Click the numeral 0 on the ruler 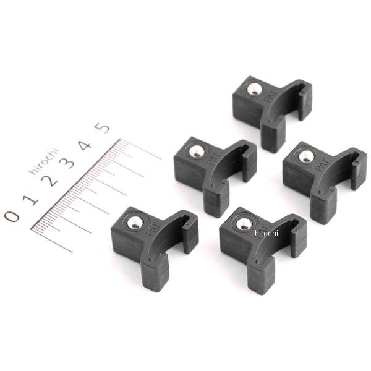coord(11,215)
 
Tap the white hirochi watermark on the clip coord(266,233)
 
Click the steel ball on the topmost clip coord(252,90)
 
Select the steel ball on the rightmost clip coord(305,156)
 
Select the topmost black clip coord(271,108)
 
